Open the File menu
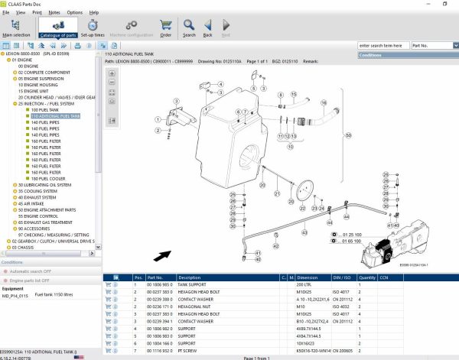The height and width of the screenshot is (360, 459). (x=6, y=12)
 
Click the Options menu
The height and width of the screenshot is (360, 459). (x=74, y=12)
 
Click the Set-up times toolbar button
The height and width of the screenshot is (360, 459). (x=92, y=28)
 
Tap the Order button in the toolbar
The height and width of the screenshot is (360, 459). (x=165, y=28)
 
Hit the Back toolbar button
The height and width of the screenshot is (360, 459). (x=207, y=28)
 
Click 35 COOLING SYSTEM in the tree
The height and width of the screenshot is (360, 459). (x=45, y=190)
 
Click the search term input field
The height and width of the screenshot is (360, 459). (x=383, y=46)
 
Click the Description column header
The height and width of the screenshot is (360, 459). (x=189, y=277)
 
